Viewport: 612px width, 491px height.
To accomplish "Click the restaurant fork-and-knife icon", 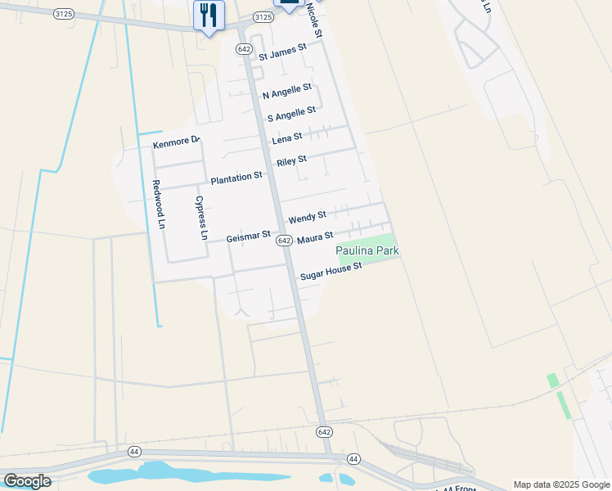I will (x=209, y=14).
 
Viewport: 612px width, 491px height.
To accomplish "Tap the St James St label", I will (x=282, y=52).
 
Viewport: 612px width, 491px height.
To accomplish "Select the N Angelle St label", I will (x=287, y=92).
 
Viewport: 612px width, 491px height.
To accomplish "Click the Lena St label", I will (x=287, y=137).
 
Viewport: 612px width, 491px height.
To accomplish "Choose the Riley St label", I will (x=291, y=161).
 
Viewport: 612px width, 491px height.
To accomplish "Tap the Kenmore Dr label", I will (x=176, y=143).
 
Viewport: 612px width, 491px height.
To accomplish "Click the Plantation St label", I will (x=236, y=177).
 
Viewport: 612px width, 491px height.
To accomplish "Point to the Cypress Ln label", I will (x=200, y=218).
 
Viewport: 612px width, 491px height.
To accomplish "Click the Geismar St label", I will (x=248, y=236).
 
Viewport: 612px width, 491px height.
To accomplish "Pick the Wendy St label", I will (x=307, y=217).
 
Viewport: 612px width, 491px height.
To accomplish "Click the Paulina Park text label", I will (x=367, y=250).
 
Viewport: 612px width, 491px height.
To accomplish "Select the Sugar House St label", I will (x=331, y=273).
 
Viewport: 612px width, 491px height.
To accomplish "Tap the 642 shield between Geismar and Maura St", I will (x=284, y=240).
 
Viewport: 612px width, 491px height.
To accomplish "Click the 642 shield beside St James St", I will (x=244, y=49).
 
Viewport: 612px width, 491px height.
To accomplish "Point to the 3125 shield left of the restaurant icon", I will (x=62, y=15).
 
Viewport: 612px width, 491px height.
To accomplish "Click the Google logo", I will (x=27, y=481).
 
